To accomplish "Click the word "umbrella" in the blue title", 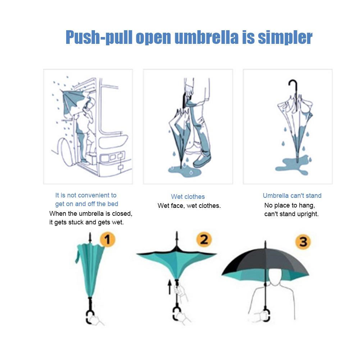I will pos(206,37).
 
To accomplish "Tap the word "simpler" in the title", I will pos(285,38).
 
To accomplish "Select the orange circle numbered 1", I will pos(107,240).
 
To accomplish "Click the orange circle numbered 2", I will pos(204,240).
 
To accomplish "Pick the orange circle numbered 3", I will pos(303,242).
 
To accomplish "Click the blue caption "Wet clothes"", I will pos(188,197).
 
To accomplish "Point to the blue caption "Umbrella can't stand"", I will pos(292,196).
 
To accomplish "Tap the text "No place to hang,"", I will pos(290,205).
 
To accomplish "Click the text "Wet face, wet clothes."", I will pos(189,206).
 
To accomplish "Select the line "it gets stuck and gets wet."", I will pos(86,222).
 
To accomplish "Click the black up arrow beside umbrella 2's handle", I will pos(170,288).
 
